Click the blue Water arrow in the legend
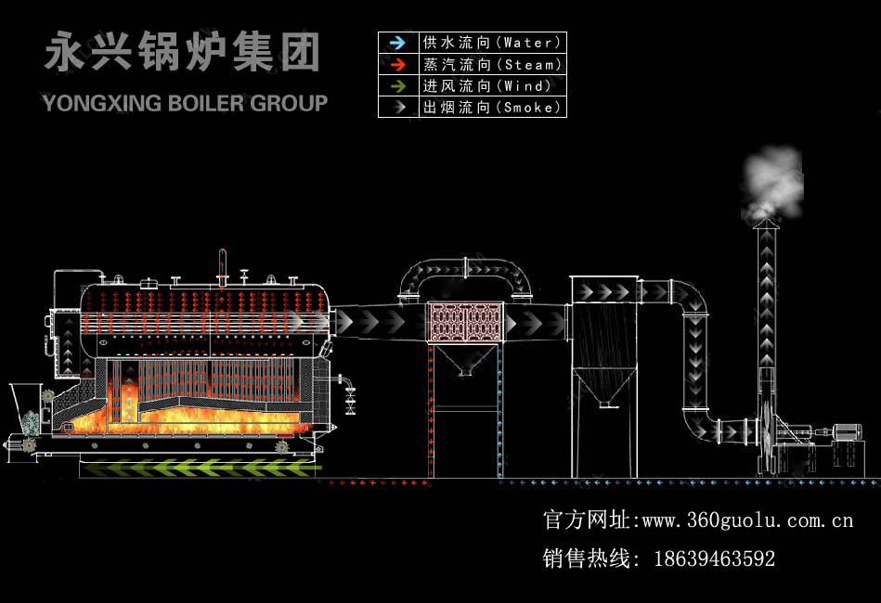[397, 43]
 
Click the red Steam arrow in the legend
[397, 64]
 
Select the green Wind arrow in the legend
[397, 85]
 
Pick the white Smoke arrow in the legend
[397, 107]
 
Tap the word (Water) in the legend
[530, 43]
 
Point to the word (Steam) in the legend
[530, 64]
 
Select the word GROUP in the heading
[290, 102]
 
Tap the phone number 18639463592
[714, 558]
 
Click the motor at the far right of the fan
[846, 431]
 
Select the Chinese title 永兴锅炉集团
[182, 54]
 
